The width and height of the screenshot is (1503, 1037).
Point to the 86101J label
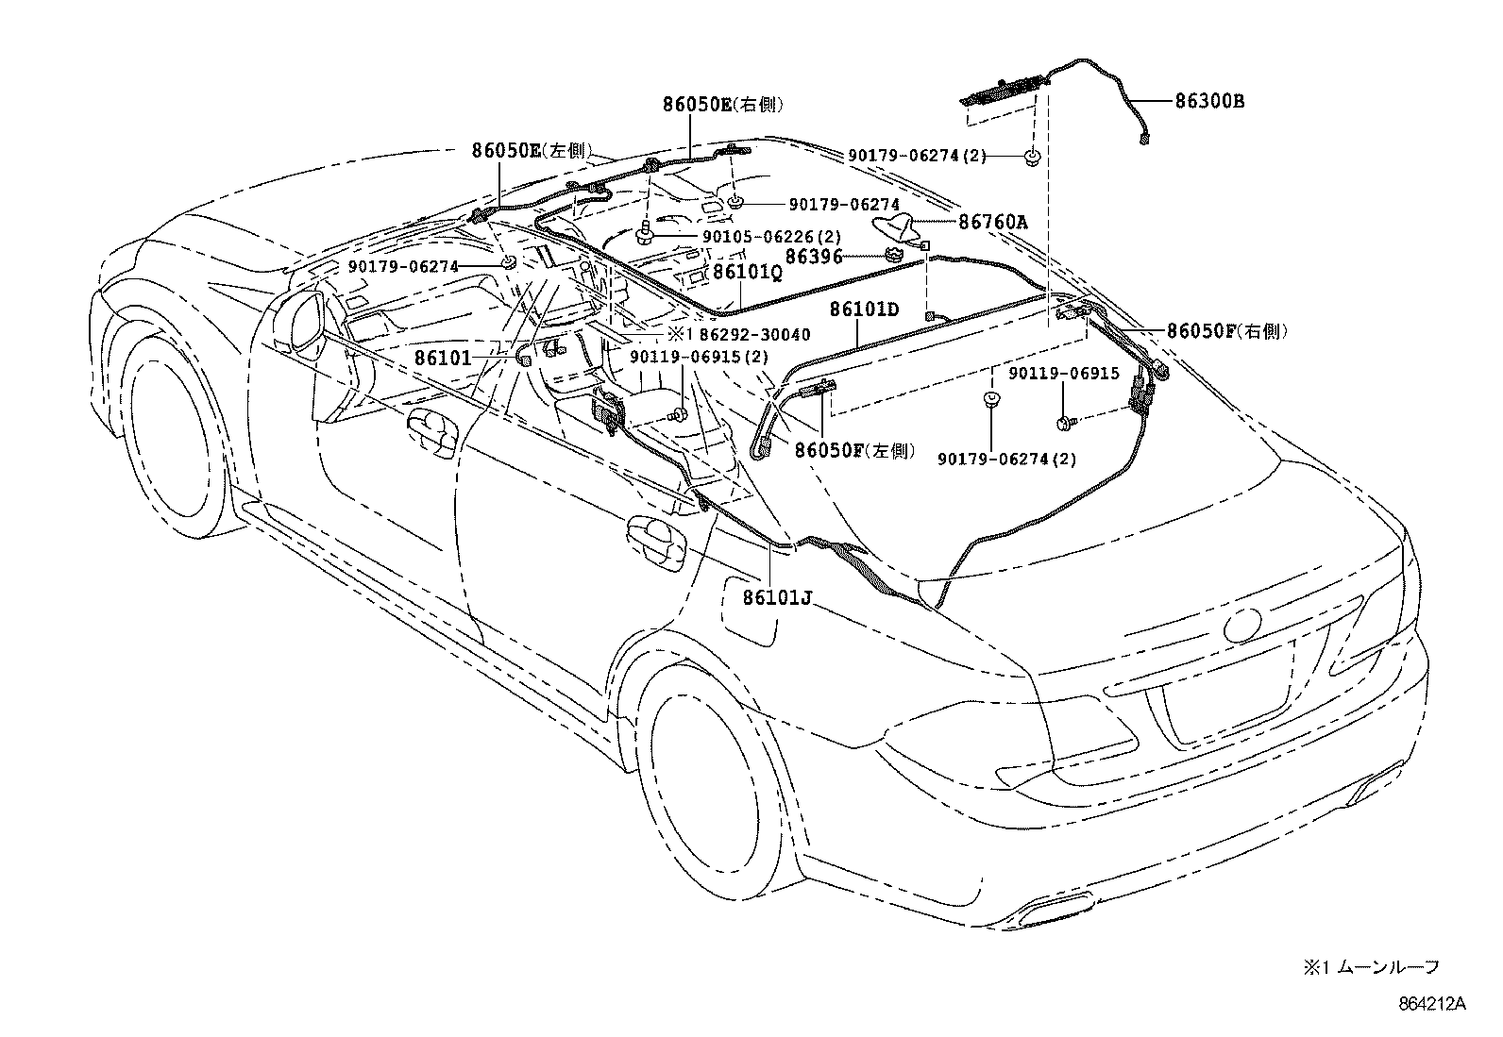tap(777, 597)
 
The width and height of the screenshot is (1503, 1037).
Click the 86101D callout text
tap(864, 309)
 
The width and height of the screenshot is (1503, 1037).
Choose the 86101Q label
tap(747, 273)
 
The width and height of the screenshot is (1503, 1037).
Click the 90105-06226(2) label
tap(745, 237)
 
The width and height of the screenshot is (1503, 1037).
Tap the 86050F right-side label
tap(1226, 331)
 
